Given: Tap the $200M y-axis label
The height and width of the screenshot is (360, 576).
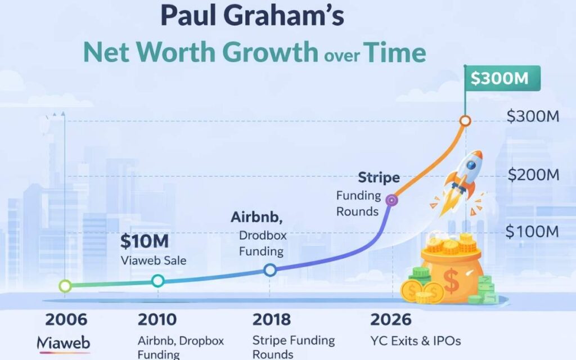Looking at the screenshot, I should (533, 174).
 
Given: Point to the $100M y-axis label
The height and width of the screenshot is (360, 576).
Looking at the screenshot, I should (532, 231).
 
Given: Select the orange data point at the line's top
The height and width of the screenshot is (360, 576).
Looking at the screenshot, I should (465, 121).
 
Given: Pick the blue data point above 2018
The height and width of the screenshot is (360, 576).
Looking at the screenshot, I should (270, 270).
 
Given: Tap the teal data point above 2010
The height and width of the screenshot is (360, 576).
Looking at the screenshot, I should (158, 281).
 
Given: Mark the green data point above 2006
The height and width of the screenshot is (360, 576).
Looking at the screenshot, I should (65, 286).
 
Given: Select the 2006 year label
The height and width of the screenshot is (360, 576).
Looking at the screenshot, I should (66, 319).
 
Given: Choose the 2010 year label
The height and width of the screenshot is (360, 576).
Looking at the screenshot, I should (157, 319).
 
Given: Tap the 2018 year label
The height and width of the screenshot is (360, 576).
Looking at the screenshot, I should (272, 319).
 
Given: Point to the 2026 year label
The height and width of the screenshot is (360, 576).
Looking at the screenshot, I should (390, 319).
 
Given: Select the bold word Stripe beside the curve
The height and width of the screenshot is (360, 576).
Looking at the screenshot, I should (379, 178).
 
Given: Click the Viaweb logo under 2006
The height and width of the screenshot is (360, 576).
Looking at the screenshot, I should (63, 342).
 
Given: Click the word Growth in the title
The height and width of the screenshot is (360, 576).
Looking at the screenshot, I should (280, 53).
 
